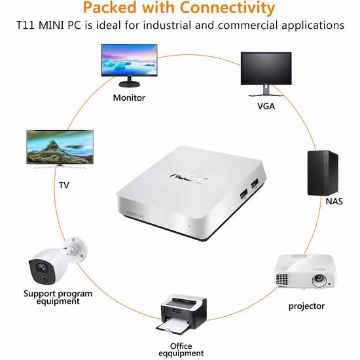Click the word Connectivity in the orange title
coord(228,8)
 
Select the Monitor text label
coord(129,98)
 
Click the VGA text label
coord(266,106)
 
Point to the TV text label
coord(64,185)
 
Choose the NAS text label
coord(334,202)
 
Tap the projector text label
coord(306,306)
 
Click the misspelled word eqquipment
coord(181,353)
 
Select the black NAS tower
coord(323,173)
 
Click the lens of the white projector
coord(319,279)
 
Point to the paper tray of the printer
coord(174,326)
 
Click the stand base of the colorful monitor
coord(130,84)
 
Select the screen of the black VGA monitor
coord(266,68)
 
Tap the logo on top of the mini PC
coord(189,178)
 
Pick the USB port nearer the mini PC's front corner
coord(243,194)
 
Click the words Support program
coord(58,294)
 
